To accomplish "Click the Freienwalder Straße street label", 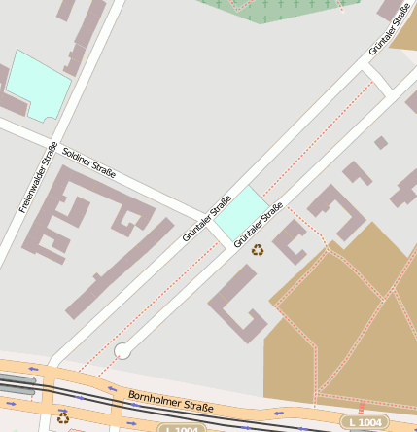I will pos(38,177).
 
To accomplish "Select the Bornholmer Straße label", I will pos(170,403).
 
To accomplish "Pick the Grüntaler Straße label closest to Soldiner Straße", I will pos(206,219).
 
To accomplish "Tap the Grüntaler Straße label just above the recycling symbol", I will pos(258,223).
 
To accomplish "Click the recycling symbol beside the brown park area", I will pos(258,250).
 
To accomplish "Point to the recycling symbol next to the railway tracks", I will pos(63,417).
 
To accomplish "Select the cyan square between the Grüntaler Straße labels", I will pos(239,213).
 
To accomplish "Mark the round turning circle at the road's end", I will pos(122,350).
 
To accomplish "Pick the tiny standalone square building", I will pos(381,143).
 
